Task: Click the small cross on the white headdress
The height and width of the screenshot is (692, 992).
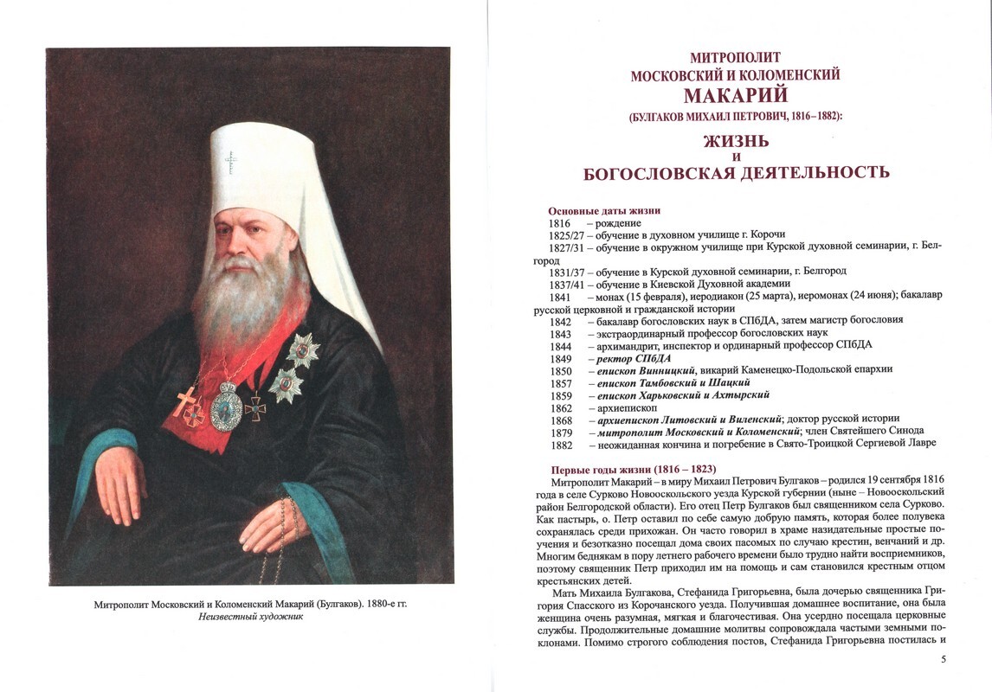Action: (x=230, y=162)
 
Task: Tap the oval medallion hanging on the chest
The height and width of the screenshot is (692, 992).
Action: (x=227, y=407)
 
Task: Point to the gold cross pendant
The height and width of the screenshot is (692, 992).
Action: (x=186, y=400)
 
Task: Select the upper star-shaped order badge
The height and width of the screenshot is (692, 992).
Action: (x=303, y=349)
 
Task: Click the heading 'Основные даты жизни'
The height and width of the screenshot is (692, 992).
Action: (x=604, y=211)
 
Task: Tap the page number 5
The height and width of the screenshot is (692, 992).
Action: (x=943, y=660)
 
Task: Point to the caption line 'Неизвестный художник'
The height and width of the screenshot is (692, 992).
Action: (x=250, y=618)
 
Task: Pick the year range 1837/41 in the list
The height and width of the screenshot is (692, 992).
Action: (x=567, y=284)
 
